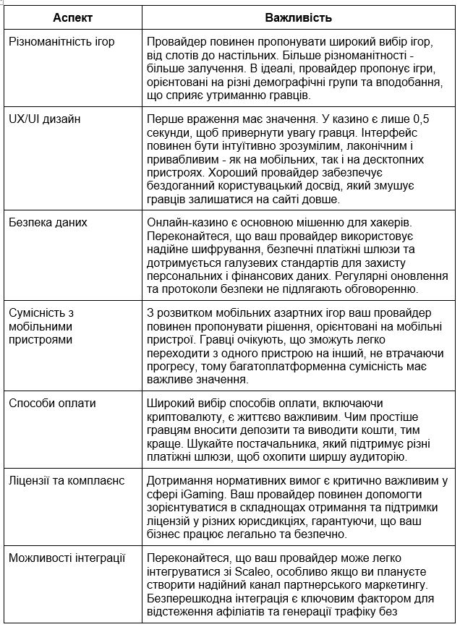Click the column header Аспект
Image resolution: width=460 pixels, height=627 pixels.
click(x=72, y=16)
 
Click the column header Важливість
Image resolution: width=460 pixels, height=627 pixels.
click(x=297, y=16)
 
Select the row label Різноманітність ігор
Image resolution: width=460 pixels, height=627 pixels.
click(x=61, y=41)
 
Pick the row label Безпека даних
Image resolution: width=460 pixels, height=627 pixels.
click(x=48, y=223)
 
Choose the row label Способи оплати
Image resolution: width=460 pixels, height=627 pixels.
click(x=52, y=403)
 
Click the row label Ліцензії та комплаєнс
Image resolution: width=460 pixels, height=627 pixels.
click(x=67, y=480)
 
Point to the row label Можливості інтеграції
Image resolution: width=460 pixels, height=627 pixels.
click(x=67, y=558)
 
